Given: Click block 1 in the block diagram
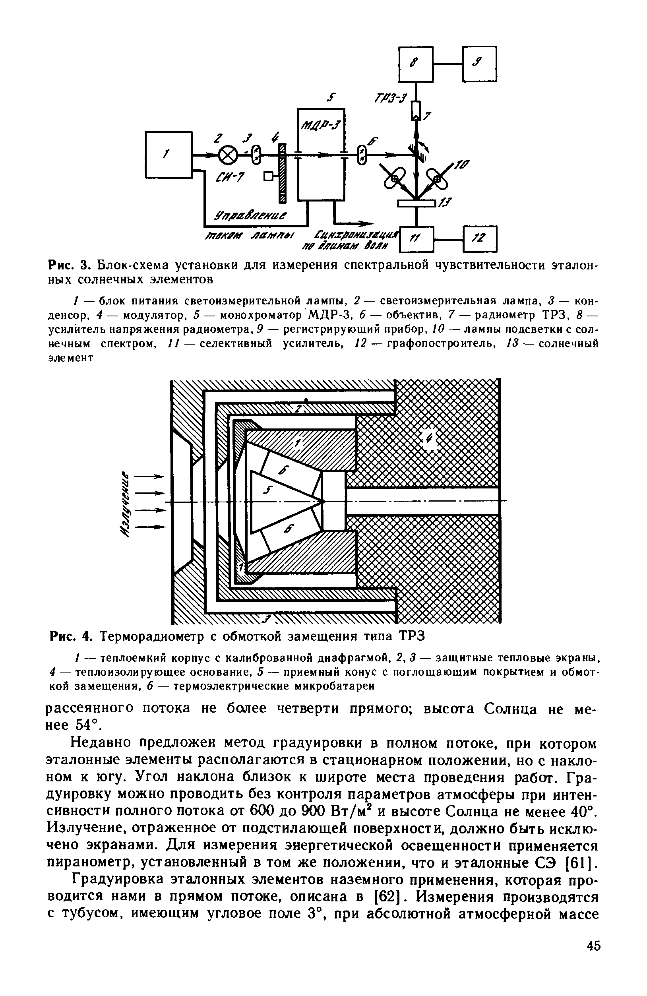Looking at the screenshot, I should click(169, 155).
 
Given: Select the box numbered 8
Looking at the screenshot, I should click(416, 64).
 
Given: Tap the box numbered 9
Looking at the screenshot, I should click(479, 64).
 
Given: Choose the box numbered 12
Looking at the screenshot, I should click(480, 239).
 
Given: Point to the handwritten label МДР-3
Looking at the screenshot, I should click(321, 124).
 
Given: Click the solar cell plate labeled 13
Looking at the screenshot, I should click(416, 203).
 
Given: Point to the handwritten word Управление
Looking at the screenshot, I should click(251, 216).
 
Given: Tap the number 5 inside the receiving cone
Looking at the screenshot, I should click(268, 490).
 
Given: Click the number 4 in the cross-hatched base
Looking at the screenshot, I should click(430, 440).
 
